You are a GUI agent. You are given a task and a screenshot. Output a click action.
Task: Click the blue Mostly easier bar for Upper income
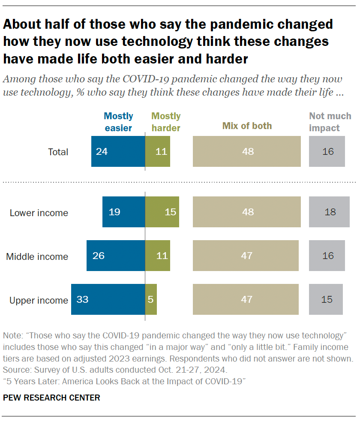[108, 299]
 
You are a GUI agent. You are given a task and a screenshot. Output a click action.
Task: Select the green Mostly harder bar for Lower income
[162, 212]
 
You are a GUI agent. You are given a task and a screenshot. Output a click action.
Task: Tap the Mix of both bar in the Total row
[247, 151]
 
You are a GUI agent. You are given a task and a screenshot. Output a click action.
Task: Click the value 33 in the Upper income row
[82, 299]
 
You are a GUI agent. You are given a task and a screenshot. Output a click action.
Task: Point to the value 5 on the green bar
[150, 299]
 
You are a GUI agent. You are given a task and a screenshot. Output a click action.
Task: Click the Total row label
[58, 152]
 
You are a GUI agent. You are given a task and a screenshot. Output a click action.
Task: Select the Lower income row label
[39, 213]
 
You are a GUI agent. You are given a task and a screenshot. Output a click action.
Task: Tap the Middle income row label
[37, 256]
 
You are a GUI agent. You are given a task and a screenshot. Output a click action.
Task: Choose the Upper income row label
[39, 300]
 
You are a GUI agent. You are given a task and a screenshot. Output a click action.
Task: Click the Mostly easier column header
[118, 122]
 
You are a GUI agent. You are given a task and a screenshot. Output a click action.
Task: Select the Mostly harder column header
[166, 122]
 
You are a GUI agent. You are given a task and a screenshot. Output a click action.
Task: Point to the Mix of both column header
[247, 126]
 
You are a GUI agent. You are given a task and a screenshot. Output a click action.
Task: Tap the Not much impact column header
[330, 122]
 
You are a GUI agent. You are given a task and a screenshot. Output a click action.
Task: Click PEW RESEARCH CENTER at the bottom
[51, 398]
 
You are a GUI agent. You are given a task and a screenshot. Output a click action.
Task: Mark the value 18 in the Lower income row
[330, 212]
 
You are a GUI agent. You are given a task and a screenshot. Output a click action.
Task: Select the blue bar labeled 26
[116, 256]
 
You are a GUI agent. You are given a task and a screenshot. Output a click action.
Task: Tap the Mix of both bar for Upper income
[246, 299]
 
